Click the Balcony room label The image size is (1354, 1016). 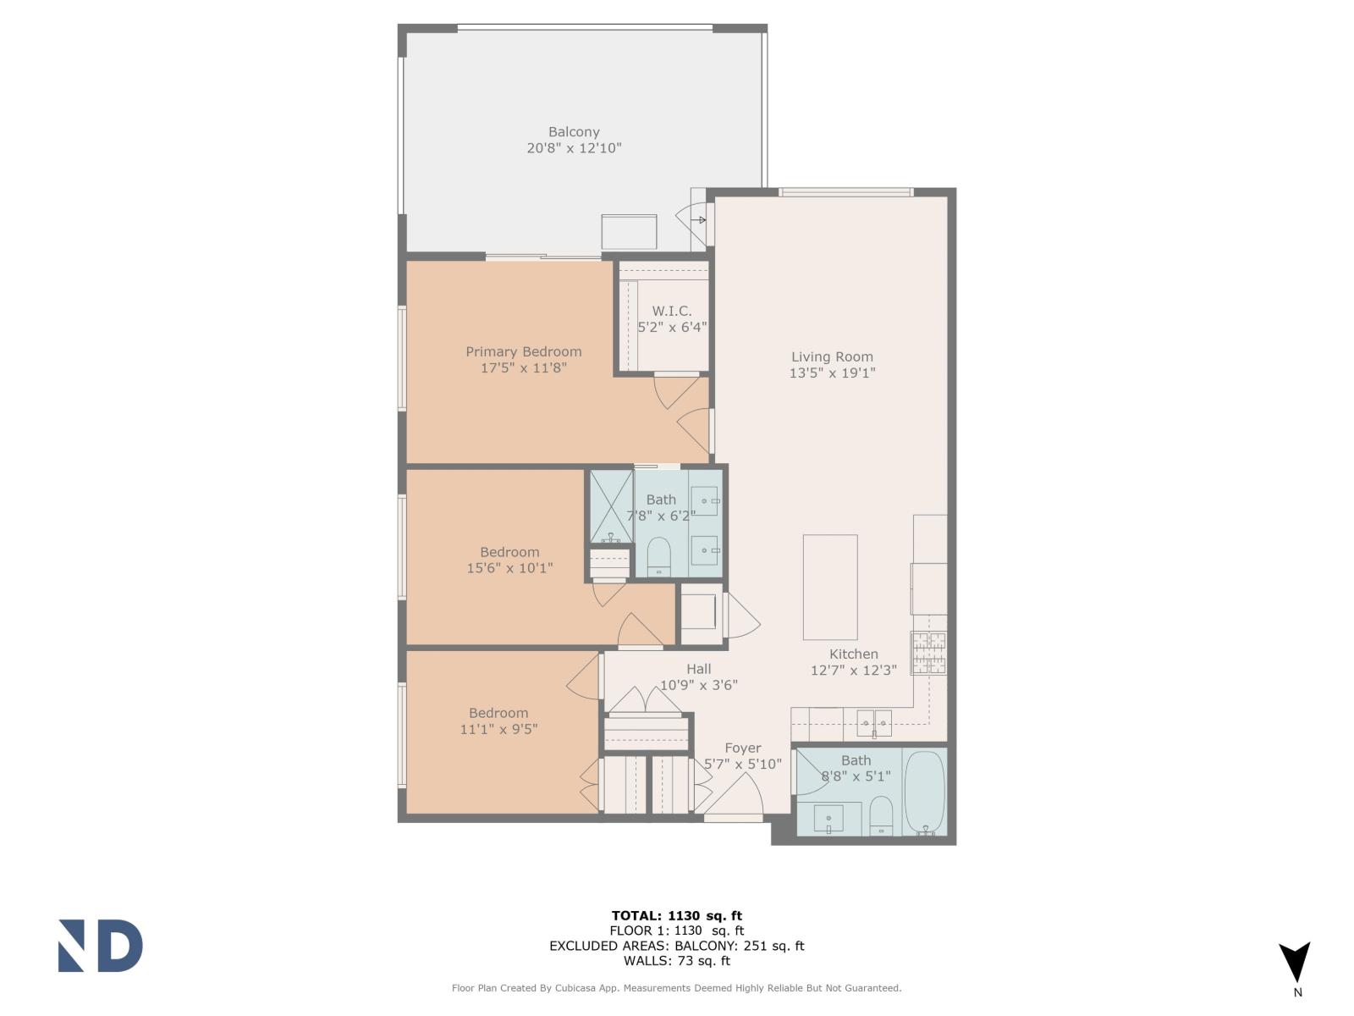(574, 132)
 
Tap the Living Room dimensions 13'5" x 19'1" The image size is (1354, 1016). (832, 373)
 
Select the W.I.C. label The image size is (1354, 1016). (672, 311)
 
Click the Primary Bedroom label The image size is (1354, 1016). (523, 351)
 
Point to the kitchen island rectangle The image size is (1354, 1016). (829, 587)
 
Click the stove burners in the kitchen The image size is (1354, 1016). (928, 653)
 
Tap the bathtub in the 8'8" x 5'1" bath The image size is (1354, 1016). (924, 793)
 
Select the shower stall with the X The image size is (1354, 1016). (611, 506)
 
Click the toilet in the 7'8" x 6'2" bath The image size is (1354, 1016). (658, 556)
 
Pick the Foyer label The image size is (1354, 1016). (742, 748)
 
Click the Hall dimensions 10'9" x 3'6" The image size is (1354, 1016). (698, 685)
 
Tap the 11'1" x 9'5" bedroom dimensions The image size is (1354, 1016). (498, 729)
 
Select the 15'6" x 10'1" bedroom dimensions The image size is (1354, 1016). (509, 568)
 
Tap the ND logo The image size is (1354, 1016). (100, 946)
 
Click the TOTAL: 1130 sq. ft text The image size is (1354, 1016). (676, 915)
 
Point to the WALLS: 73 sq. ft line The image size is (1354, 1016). (676, 961)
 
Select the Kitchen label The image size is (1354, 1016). (853, 654)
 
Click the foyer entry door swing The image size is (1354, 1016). (733, 799)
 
